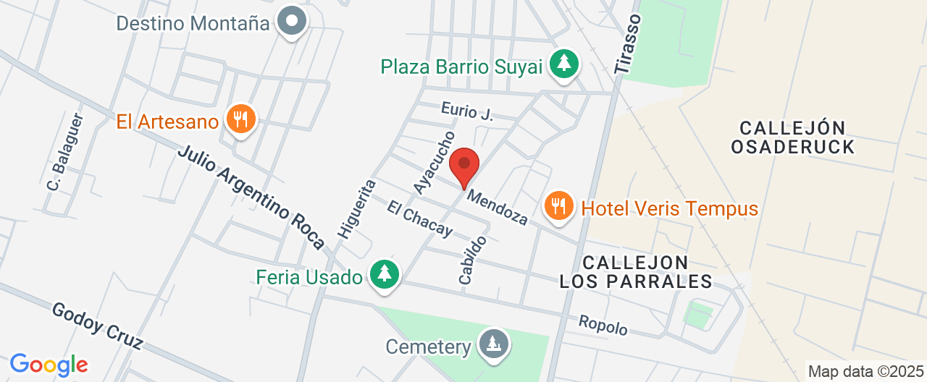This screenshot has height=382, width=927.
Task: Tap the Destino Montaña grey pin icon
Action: (293, 21)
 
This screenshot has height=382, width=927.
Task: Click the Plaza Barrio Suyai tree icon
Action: (563, 64)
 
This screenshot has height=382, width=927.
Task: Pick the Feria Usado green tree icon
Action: (384, 274)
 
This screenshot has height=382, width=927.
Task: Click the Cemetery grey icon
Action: (494, 344)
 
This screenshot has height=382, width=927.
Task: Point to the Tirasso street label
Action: (627, 43)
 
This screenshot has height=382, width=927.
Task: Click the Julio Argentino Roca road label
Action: (251, 198)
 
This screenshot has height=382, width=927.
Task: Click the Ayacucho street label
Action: (434, 162)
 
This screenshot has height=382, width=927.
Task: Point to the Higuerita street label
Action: (356, 208)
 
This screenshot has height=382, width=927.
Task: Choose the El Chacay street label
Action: (419, 218)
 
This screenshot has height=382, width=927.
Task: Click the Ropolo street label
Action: (603, 325)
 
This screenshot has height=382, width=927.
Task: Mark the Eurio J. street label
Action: (466, 112)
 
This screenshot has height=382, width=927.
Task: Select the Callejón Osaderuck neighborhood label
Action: (792, 137)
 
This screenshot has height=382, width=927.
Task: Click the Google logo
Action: (49, 364)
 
